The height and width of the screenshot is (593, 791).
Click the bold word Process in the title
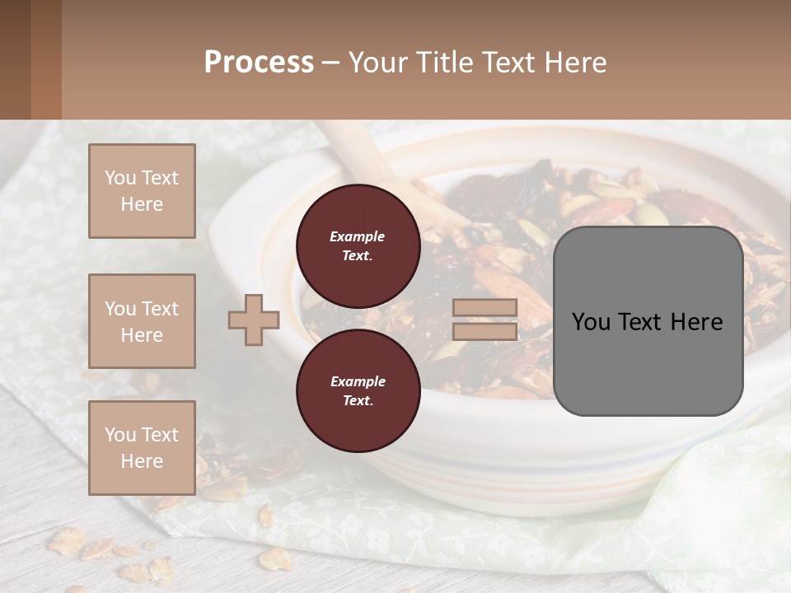coord(259,63)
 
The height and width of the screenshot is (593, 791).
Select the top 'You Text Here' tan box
coord(142,191)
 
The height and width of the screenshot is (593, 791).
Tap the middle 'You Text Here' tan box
coord(142,321)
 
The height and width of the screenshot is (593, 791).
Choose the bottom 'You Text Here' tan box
coord(142,448)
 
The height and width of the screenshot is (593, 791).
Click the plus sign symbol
coord(254,320)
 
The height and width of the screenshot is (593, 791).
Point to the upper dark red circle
coord(358,245)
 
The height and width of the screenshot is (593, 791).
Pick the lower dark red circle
coord(358,390)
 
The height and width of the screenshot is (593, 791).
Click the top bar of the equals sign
coord(485,308)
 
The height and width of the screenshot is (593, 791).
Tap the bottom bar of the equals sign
coord(485,331)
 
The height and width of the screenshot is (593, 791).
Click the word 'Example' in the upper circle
coord(358,236)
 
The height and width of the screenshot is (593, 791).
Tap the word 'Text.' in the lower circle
coord(358,401)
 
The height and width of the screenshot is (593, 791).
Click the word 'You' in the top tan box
coord(119,178)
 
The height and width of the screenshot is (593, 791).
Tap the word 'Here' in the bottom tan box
coord(142,461)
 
